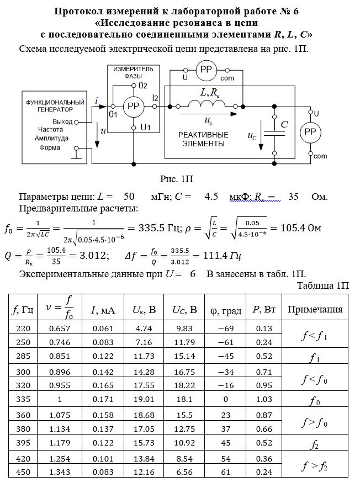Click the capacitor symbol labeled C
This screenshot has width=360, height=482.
point(274,134)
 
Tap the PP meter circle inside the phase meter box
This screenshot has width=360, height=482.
point(134,107)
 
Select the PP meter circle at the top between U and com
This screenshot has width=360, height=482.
point(206,70)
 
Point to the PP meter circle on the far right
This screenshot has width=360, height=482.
point(310,133)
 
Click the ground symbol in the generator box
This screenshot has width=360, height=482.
point(76,153)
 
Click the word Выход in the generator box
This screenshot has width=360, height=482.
point(62,121)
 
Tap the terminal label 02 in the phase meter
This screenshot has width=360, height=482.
point(142,86)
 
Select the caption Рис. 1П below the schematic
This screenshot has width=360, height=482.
point(177,179)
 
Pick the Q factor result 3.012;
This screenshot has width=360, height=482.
point(94,256)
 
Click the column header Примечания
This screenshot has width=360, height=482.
point(315,309)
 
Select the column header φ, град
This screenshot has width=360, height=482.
point(226,310)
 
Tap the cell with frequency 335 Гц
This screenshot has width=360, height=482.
point(23,399)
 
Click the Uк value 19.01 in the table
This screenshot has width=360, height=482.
point(144,399)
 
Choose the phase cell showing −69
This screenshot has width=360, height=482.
point(225,329)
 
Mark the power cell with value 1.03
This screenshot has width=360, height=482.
point(264,399)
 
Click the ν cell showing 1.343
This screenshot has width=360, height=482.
point(60,472)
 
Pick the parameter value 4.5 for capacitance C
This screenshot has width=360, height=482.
point(211,197)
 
